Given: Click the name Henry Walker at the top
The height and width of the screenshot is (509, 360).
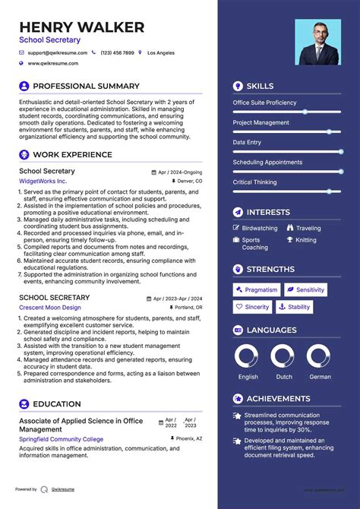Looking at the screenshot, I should click(x=81, y=28).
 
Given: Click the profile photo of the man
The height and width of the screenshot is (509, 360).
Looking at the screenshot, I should click(x=318, y=42).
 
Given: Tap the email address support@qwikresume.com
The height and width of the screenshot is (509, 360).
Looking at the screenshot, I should click(x=58, y=53).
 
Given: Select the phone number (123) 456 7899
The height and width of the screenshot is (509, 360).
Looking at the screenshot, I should click(x=117, y=53).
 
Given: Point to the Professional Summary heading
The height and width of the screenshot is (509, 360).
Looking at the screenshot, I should click(x=86, y=87).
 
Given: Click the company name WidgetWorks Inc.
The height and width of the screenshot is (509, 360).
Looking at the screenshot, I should click(x=43, y=182).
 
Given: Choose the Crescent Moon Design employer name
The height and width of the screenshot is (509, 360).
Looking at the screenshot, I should click(x=50, y=308).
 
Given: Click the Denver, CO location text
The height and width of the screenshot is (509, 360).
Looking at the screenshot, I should click(x=190, y=182).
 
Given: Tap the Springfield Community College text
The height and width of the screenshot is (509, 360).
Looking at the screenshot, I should click(x=61, y=440).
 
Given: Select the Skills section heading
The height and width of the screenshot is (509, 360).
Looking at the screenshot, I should click(x=260, y=87).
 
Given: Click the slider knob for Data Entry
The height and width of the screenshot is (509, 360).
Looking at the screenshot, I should click(x=328, y=151).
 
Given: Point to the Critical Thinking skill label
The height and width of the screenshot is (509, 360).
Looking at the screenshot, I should click(x=254, y=182).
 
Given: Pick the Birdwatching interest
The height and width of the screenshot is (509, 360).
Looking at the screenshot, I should click(x=259, y=228).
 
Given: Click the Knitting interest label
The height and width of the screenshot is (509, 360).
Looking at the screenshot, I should click(x=306, y=240).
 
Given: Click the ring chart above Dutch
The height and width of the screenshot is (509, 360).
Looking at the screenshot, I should click(x=282, y=356).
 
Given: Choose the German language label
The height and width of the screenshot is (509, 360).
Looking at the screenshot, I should click(x=320, y=377).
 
